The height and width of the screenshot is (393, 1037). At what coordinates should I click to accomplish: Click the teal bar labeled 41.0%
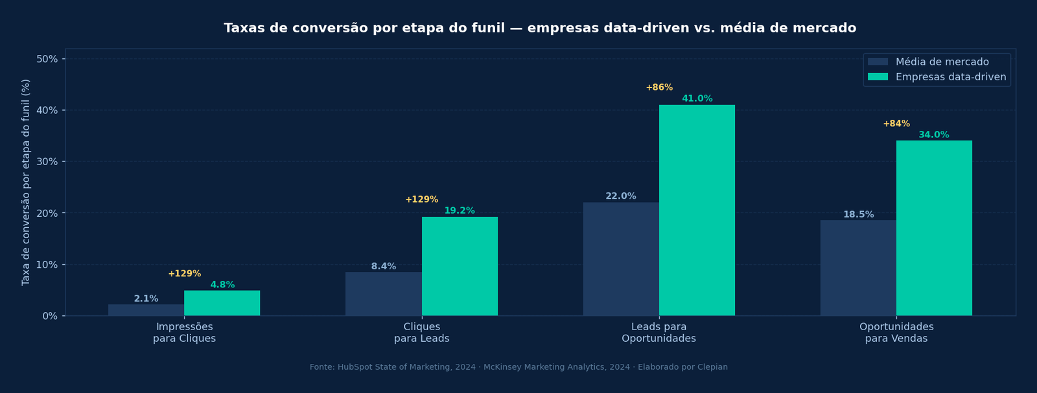pos(697,210)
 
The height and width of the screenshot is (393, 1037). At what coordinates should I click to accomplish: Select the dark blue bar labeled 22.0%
pos(621,259)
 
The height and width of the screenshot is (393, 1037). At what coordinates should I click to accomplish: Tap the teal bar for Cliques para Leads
pos(460,266)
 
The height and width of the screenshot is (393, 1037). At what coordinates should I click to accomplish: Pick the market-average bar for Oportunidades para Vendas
pos(858,268)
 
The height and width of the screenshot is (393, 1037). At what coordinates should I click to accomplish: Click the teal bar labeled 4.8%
pos(222,303)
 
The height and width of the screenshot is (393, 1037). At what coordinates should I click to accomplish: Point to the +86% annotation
pos(659,88)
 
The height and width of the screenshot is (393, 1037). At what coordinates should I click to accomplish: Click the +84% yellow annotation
pos(896,124)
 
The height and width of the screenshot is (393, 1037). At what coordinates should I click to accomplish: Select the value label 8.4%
pos(384,267)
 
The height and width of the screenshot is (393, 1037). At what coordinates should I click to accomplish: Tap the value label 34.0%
pos(934,135)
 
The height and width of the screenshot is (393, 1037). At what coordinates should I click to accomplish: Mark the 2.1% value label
pos(146,299)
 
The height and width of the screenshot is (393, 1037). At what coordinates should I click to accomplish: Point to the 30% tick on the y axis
pos(47,162)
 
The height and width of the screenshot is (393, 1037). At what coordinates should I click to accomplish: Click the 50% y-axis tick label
pos(47,59)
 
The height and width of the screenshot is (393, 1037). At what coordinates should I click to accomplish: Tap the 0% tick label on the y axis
pos(50,316)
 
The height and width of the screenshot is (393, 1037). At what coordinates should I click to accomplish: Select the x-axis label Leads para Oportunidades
pos(658,333)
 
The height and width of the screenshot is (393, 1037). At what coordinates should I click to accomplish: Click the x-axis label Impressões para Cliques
pos(184,333)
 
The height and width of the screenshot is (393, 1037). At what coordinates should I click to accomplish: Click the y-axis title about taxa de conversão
pos(26,182)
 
